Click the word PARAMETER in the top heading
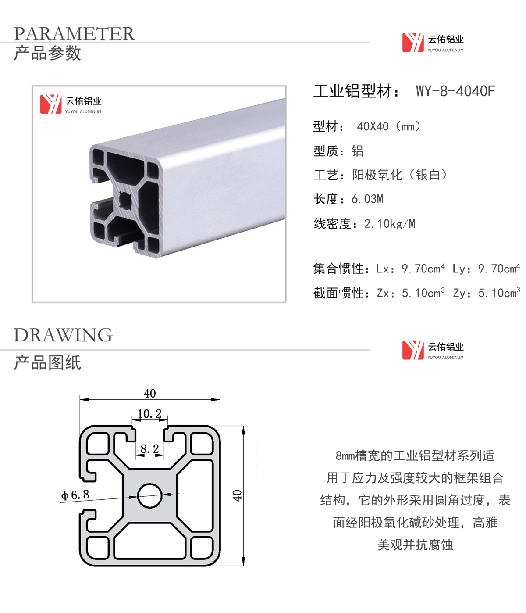(74, 33)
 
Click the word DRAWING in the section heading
(63, 335)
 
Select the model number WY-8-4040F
(455, 91)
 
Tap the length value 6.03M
(367, 199)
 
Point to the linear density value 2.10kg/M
(390, 224)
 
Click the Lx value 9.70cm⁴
(423, 269)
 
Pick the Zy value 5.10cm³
(499, 293)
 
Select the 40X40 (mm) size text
(389, 127)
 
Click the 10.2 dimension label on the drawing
(149, 413)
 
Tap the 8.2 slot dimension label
(149, 449)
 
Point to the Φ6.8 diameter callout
(75, 495)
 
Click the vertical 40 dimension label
(237, 495)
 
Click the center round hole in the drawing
(149, 495)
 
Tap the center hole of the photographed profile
(125, 201)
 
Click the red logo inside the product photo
(51, 104)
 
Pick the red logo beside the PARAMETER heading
(413, 43)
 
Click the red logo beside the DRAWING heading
(413, 350)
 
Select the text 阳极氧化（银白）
(399, 175)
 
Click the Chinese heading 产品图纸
(47, 362)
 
